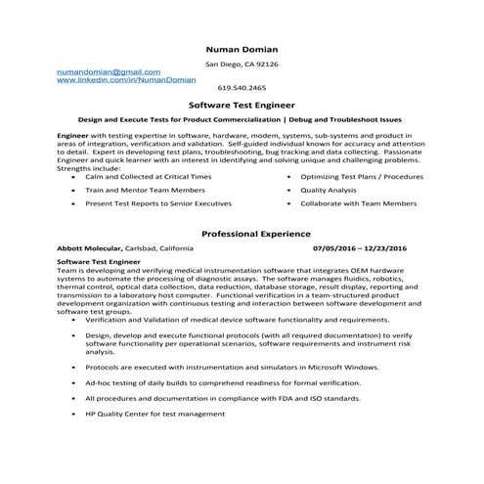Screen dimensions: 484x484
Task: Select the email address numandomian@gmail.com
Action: pos(108,72)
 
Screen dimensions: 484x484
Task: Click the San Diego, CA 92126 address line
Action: pos(242,64)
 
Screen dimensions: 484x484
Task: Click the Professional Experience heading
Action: pos(255,234)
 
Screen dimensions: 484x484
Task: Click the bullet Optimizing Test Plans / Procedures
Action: pos(362,175)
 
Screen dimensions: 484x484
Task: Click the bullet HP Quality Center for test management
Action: pos(154,413)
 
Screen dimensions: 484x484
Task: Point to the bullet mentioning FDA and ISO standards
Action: pos(223,398)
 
